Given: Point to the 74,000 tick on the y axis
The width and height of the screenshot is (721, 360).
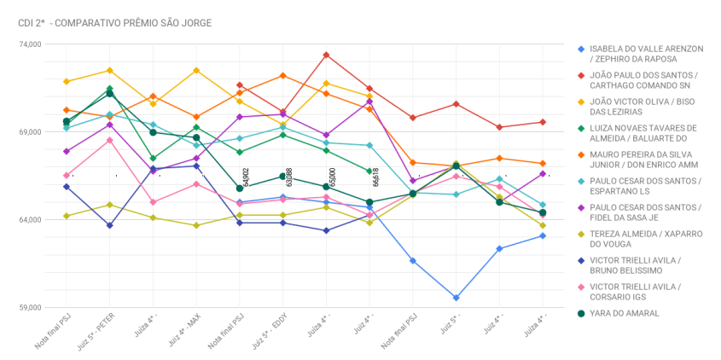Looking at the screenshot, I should coord(29,44).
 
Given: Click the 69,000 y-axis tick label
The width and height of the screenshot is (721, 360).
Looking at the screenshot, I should coord(29,132).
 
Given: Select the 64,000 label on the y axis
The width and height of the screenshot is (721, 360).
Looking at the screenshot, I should coord(29,220).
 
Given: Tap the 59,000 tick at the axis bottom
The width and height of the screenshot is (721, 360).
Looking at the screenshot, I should coord(29,308).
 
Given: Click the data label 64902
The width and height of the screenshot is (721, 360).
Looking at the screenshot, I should coord(246,177).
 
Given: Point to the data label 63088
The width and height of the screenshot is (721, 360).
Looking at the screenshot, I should coord(289,177).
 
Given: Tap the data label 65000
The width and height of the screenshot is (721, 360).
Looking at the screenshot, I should coord(333,177).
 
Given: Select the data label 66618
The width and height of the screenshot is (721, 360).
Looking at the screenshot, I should coord(376,177).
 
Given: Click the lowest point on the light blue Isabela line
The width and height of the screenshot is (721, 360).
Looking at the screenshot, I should coord(456,298).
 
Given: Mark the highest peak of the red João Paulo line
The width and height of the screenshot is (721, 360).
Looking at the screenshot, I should coord(327,55).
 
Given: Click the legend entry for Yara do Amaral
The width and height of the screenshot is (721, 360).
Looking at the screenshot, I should coord(625,313).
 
